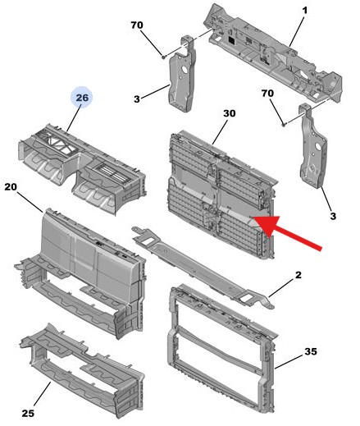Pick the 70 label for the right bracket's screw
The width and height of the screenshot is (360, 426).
(267, 95)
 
